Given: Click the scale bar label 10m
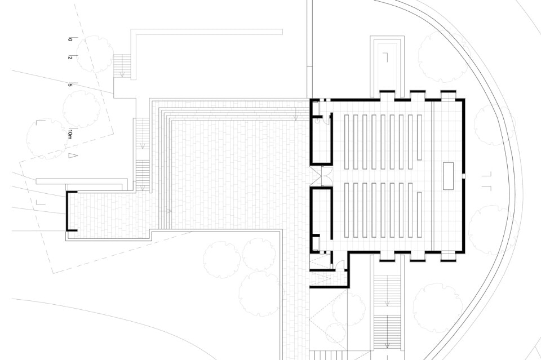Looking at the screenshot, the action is (70, 134).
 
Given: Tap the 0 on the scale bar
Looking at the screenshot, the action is (70, 39).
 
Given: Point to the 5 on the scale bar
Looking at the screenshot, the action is (70, 85).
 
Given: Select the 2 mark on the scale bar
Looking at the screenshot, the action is (70, 57).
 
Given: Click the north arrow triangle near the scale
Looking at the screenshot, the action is (71, 155).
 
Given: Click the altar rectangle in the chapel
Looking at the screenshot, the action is (449, 176).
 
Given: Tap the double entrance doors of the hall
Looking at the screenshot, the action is (321, 176).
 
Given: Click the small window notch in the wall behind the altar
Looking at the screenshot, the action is (464, 176).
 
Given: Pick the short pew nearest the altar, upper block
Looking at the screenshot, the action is (419, 137).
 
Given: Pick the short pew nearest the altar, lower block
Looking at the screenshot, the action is (419, 215).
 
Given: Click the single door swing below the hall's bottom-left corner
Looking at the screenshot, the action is (340, 264).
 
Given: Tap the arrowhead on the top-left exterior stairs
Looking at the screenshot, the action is (122, 74).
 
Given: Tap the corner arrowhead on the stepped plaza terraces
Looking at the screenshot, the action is (296, 118).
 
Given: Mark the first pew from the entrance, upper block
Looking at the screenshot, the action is (347, 142).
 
